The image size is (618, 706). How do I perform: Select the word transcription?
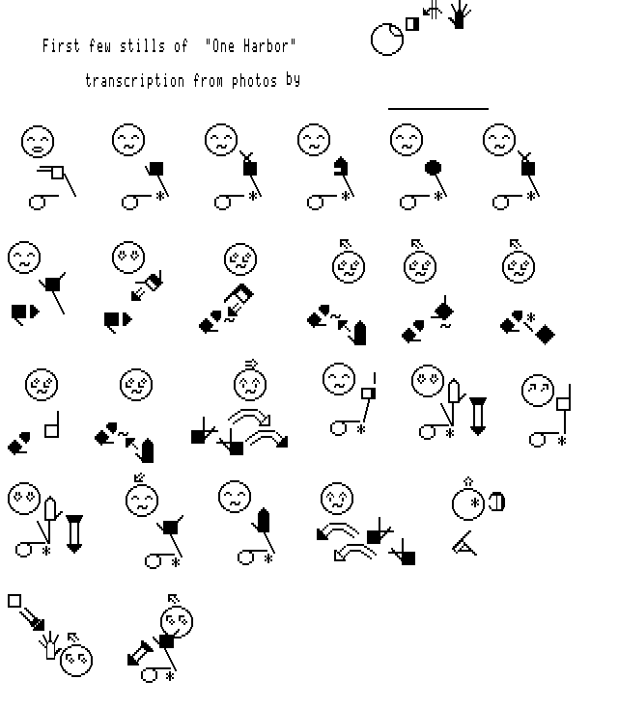point(135,81)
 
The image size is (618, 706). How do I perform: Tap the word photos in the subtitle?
point(254,81)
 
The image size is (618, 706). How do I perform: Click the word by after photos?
point(293,80)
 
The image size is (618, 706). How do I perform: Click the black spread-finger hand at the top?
point(460,14)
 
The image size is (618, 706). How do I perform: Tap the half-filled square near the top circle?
point(412,24)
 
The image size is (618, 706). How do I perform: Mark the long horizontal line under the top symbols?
point(438,109)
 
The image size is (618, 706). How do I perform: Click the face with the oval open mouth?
point(38,142)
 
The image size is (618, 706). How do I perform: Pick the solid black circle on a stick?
point(433,168)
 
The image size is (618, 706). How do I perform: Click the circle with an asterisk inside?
point(468,503)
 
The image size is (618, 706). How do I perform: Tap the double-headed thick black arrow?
point(140,653)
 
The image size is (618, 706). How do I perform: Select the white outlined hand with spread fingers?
point(49,645)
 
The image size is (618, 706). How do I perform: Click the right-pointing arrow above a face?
point(251,364)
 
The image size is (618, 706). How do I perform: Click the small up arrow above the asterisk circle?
point(468,482)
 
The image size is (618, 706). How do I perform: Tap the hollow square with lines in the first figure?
point(57,173)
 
